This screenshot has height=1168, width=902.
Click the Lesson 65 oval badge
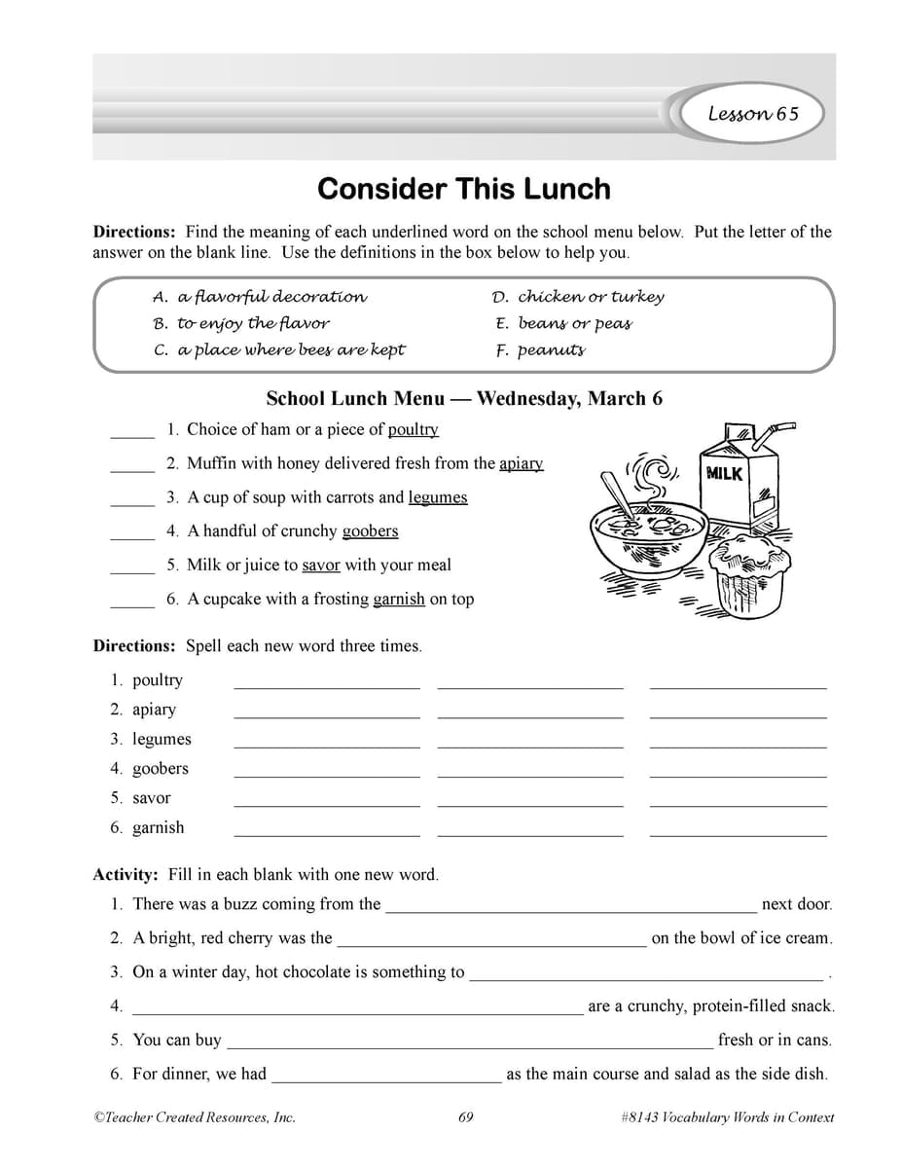[752, 114]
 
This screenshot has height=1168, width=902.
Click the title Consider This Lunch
[463, 188]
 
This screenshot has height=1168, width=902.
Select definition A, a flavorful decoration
[260, 297]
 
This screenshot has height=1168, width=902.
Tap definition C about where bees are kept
[279, 350]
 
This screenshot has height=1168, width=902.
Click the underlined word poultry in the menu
[413, 429]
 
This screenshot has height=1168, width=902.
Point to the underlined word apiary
[521, 463]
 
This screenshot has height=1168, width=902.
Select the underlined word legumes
[437, 497]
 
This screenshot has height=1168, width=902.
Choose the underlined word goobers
[370, 531]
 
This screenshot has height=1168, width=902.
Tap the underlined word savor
[320, 565]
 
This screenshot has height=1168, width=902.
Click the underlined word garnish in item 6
[398, 599]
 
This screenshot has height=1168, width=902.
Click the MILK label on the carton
[723, 473]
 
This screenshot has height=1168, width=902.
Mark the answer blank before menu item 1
[131, 434]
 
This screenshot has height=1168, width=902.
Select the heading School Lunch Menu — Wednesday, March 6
[464, 398]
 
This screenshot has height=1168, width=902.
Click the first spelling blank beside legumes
[327, 745]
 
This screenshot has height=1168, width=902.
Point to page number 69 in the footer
[465, 1117]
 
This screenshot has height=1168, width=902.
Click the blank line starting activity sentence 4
[357, 1012]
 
